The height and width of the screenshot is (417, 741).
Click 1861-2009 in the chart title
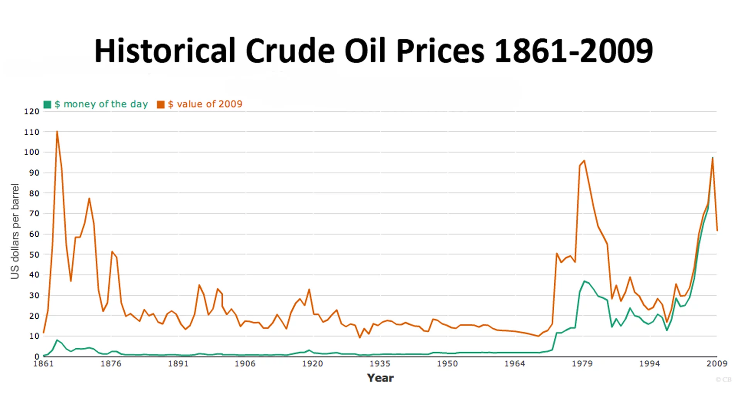574,51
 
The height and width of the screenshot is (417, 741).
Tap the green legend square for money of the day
47,105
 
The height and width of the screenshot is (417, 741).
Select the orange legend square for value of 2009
161,105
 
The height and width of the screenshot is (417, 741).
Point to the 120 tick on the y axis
32,112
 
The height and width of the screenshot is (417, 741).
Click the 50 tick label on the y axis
34,255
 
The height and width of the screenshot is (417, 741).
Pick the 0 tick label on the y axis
37,357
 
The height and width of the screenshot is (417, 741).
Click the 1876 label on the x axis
111,364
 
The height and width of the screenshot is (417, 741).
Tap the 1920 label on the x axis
312,364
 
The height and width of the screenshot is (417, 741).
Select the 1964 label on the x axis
514,364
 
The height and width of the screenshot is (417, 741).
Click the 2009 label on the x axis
717,364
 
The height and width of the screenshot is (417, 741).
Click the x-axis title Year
380,378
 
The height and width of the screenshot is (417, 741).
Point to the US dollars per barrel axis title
15,231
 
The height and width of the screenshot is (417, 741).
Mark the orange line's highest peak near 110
57,132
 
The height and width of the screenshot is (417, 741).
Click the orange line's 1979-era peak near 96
584,161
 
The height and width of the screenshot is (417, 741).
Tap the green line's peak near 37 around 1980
584,281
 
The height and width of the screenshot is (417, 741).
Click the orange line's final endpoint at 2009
717,231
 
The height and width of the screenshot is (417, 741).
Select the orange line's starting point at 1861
44,332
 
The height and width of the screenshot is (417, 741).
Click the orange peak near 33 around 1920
309,289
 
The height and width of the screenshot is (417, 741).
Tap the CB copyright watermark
723,380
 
